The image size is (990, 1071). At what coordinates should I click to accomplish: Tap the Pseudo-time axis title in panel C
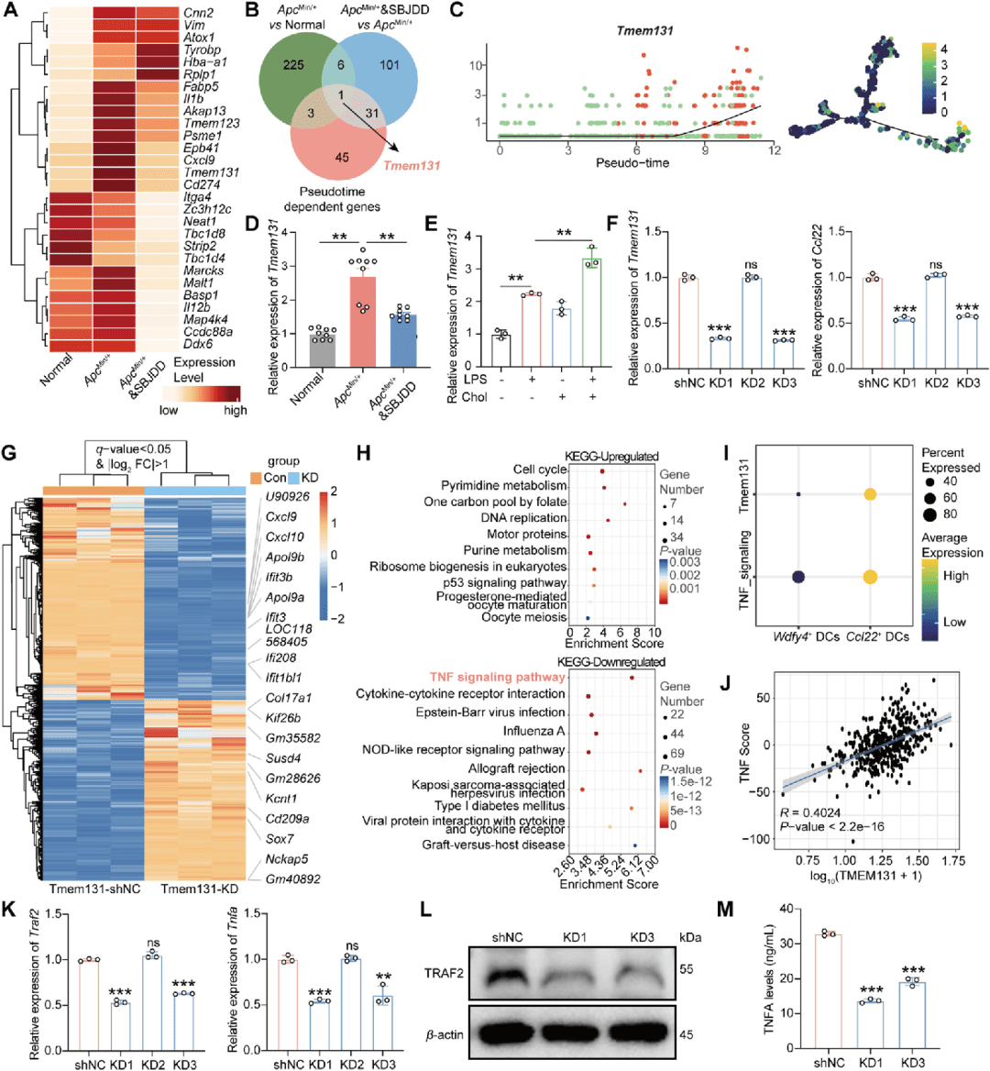pos(632,163)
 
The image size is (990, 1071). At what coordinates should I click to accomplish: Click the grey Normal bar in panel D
pos(297,350)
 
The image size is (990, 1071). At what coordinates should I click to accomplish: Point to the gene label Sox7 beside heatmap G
pos(280,839)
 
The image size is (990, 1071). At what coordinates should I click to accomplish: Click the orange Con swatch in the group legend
pos(256,478)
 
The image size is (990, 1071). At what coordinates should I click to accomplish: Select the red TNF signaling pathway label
pos(498,678)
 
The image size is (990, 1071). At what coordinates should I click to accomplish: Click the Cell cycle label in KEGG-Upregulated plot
pos(540,469)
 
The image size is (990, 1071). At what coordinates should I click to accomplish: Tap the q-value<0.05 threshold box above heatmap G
pos(136,456)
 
